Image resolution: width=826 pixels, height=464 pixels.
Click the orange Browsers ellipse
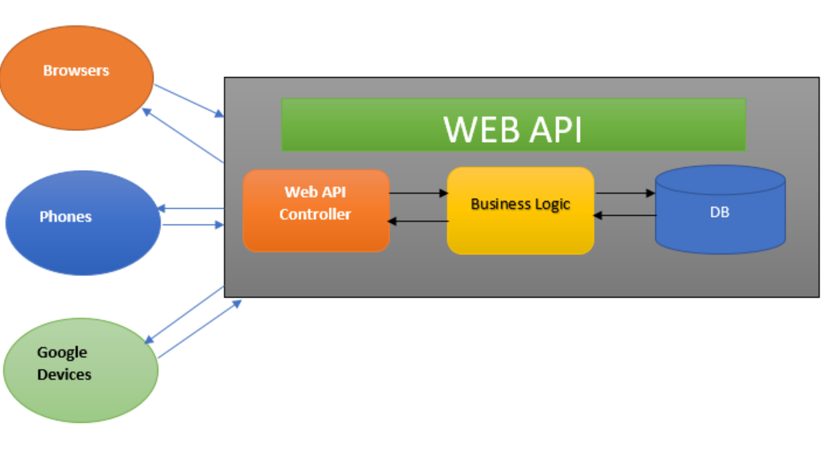click(x=76, y=77)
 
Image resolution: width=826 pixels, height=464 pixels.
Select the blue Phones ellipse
click(x=83, y=222)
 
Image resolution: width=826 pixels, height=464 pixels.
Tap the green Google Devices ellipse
click(x=81, y=370)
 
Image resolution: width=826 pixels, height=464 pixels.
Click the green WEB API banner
click(x=513, y=124)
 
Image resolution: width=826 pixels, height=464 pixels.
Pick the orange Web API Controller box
click(x=316, y=211)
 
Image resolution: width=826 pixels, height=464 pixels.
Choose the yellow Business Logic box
click(x=520, y=211)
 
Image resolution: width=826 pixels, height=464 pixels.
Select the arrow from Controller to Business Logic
click(x=418, y=193)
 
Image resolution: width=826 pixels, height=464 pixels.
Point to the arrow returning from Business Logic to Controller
click(x=418, y=221)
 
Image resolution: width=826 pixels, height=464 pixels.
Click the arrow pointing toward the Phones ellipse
click(x=191, y=208)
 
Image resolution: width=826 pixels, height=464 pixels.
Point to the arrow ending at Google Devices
click(x=185, y=314)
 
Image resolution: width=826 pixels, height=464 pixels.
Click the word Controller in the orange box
click(x=315, y=214)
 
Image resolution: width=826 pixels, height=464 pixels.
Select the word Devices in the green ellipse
click(x=65, y=374)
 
